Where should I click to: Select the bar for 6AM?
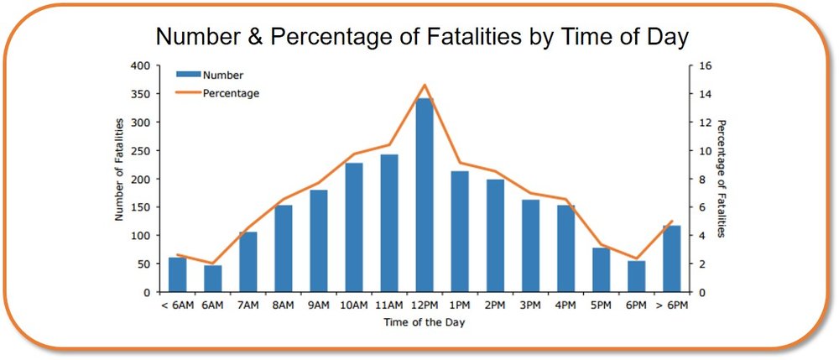(213, 279)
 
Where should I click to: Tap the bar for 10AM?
(354, 227)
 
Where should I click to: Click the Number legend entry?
(222, 76)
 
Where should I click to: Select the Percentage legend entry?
(231, 93)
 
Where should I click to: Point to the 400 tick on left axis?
(139, 65)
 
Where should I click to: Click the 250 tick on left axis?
(139, 151)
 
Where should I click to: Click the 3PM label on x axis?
(530, 305)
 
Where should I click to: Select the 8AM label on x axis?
(284, 305)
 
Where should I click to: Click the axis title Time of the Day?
(425, 322)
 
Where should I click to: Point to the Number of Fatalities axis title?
(119, 170)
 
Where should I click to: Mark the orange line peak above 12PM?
(425, 84)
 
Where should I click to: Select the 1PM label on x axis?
(460, 305)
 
